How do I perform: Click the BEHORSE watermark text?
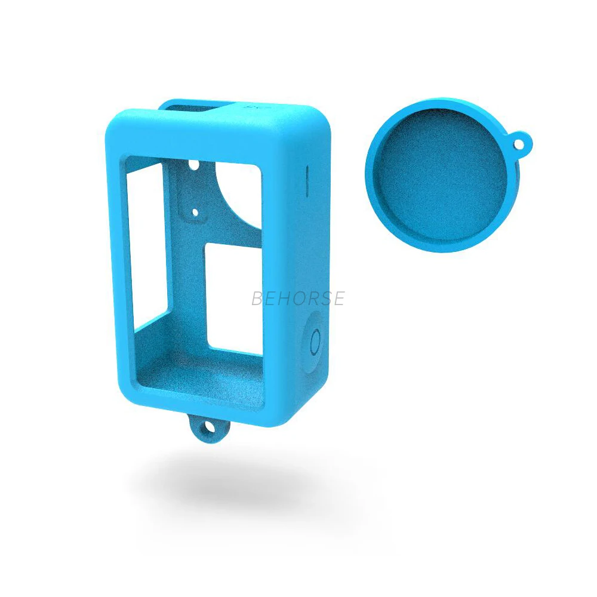[298, 298]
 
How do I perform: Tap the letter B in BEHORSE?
[258, 298]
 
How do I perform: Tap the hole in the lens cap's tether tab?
[520, 144]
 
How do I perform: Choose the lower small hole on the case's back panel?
[195, 212]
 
